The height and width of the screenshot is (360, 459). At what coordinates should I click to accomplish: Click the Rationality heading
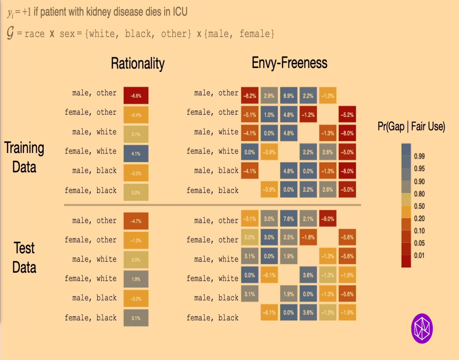coord(138,63)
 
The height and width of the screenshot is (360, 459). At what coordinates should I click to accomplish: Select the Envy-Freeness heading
coord(289,63)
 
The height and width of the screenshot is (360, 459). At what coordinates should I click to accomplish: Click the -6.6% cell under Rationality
coord(136,95)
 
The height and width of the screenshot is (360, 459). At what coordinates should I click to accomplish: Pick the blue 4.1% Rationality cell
coord(136,153)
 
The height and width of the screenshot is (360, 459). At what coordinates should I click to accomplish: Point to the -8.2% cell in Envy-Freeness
coord(249,95)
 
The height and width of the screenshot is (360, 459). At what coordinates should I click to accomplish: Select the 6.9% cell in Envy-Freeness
coord(288,95)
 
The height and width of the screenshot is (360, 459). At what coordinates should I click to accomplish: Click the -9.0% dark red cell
coord(328,219)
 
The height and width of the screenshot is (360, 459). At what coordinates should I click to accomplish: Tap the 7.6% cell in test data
coord(288,219)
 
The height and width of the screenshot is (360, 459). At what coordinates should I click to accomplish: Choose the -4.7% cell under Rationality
coord(136,221)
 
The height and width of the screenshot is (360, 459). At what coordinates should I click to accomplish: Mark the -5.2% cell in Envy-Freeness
coord(347,115)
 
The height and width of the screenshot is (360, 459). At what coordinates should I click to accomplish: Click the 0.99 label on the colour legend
coord(418,157)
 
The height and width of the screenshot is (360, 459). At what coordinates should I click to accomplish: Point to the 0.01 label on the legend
coord(418,256)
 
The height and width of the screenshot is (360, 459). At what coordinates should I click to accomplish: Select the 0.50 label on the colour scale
coord(418,206)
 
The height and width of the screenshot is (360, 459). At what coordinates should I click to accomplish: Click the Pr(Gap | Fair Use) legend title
coord(411,127)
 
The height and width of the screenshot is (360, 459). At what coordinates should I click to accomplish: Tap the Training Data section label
coord(24,157)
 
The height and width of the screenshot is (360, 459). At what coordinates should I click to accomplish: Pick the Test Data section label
coord(24,257)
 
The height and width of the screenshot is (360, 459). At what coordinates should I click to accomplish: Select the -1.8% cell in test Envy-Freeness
coord(308,238)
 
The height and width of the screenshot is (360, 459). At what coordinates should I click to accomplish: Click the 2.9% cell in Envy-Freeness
coord(269,95)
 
